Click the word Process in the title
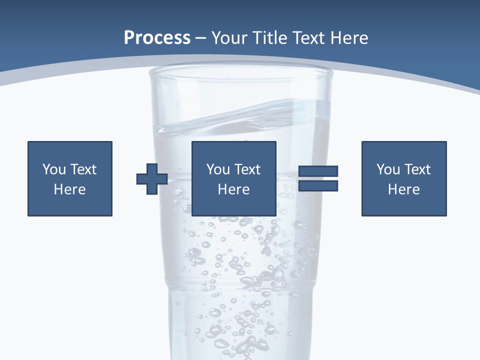157,38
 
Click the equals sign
318,178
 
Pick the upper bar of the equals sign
318,171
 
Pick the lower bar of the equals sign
318,186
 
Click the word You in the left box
53,169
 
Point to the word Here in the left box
70,189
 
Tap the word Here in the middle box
234,189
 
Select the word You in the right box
388,169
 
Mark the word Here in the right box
404,189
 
